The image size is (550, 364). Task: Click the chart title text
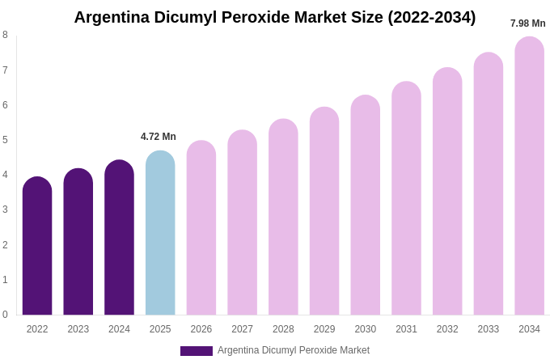pos(275,17)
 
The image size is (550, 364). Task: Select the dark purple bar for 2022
pos(37,246)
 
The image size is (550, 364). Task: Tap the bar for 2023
pos(78,242)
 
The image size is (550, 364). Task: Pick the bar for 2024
pos(119,238)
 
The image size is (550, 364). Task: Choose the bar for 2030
pos(365,205)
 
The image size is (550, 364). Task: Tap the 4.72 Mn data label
pos(159,137)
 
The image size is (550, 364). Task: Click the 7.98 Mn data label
pos(527,23)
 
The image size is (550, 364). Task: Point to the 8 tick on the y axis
pos(5,35)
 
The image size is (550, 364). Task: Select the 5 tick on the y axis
pos(5,140)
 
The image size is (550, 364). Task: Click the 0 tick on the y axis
pos(5,315)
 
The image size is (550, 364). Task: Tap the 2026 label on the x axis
pos(201,329)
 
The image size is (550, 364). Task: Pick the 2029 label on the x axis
pos(324,329)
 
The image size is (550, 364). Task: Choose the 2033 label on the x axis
pos(488,329)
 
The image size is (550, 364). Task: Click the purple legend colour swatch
pos(197,351)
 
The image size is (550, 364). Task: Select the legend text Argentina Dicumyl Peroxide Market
pos(294,350)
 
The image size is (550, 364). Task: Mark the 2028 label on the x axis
pos(283,329)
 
